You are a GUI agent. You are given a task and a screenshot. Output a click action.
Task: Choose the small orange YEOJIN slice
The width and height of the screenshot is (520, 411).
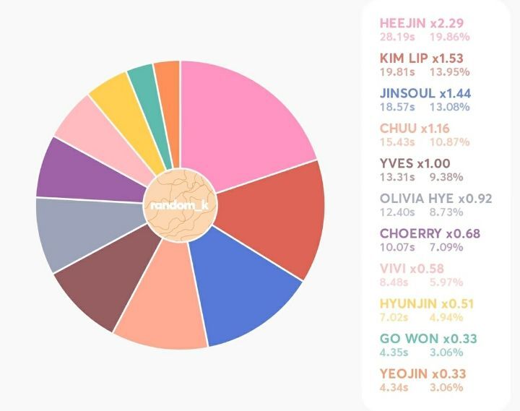pyautogui.click(x=168, y=87)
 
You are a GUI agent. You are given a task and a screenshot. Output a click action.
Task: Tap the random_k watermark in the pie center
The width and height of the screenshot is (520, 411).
pyautogui.click(x=179, y=205)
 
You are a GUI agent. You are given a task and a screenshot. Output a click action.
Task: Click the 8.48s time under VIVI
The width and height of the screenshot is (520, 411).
pyautogui.click(x=393, y=282)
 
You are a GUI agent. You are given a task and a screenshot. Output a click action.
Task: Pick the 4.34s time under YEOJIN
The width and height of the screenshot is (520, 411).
pyautogui.click(x=393, y=388)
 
